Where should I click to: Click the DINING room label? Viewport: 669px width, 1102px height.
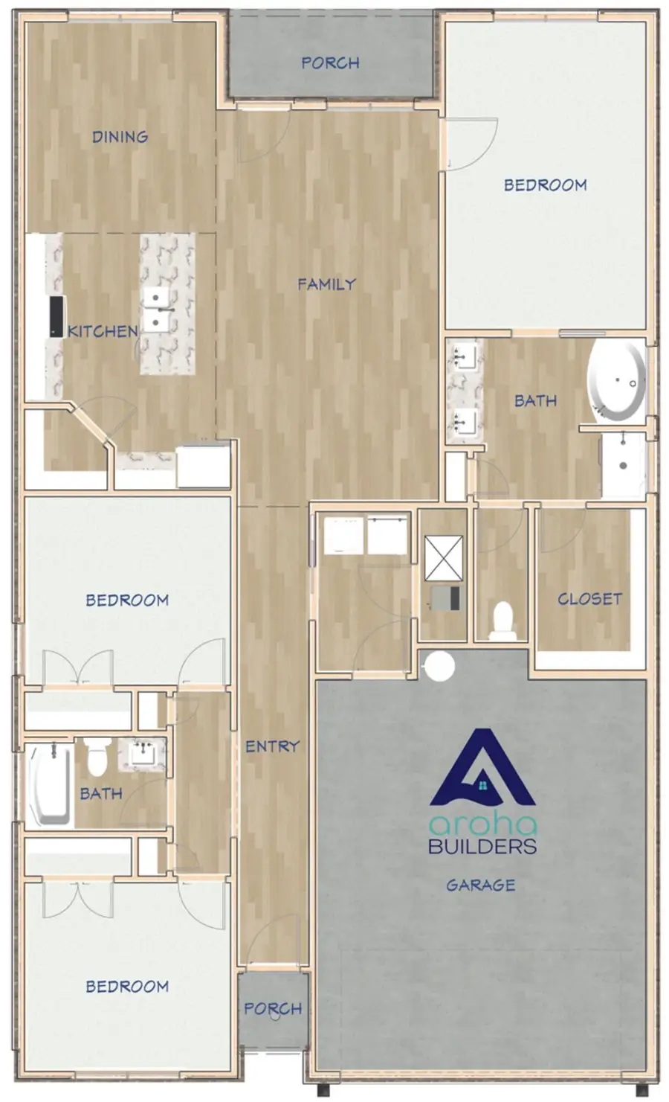coord(120,136)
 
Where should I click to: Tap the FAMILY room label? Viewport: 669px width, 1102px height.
coord(326,283)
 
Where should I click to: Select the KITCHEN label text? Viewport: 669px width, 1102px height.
coord(103,331)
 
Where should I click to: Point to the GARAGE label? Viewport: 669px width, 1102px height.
coord(480,885)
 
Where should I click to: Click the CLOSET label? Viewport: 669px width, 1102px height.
coord(589,598)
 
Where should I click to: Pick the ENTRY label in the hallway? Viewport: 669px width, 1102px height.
coord(272,746)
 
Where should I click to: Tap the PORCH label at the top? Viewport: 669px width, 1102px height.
coord(330,63)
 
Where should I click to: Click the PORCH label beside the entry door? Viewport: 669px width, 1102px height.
coord(273,1008)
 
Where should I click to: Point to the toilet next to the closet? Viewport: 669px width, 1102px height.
coord(502,620)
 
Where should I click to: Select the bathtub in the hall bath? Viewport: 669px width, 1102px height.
coord(50,785)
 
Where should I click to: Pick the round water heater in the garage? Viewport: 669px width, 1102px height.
coord(439,665)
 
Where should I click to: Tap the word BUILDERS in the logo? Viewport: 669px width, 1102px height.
coord(482,845)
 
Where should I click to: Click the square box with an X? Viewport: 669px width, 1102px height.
coord(443,557)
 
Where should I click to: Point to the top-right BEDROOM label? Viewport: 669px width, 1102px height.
coord(545,185)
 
